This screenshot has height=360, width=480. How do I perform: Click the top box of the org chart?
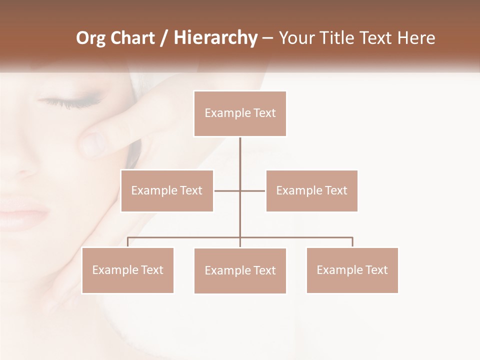pyautogui.click(x=240, y=113)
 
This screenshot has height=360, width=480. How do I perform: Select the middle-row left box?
pyautogui.click(x=167, y=190)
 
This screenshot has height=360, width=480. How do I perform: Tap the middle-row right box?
pyautogui.click(x=311, y=190)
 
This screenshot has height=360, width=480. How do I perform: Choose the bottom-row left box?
pyautogui.click(x=128, y=270)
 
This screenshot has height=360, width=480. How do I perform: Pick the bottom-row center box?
pyautogui.click(x=240, y=270)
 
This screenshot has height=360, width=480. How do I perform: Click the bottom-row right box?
pyautogui.click(x=352, y=270)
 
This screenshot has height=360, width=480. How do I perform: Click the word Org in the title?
pyautogui.click(x=90, y=38)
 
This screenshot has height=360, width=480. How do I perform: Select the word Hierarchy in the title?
pyautogui.click(x=215, y=38)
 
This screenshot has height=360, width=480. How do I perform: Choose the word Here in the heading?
pyautogui.click(x=414, y=38)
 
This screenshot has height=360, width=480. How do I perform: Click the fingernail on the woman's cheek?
pyautogui.click(x=92, y=144)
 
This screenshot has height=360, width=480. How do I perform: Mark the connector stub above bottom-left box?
pyautogui.click(x=128, y=242)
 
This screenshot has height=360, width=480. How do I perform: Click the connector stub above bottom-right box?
pyautogui.click(x=352, y=242)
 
